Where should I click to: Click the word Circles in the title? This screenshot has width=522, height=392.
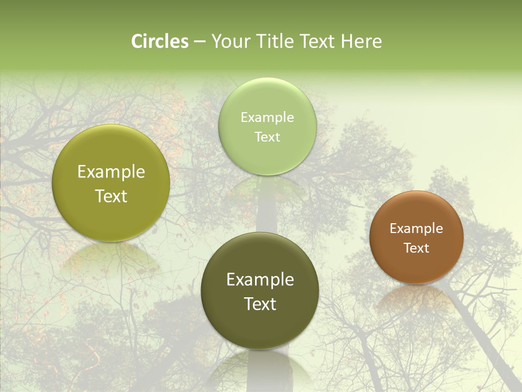pos(160,41)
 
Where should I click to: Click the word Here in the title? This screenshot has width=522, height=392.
pos(361,41)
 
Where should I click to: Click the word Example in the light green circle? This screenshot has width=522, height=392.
pos(267,118)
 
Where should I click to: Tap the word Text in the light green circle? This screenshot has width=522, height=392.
pos(267,137)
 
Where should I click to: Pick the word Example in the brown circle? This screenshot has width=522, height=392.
pos(416,229)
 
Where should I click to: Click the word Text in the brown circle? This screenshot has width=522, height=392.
pos(416,248)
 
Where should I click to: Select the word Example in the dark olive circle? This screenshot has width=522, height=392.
pos(260,280)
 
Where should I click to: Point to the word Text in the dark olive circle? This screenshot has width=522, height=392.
pos(260,304)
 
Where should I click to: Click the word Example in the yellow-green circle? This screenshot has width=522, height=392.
pos(111,172)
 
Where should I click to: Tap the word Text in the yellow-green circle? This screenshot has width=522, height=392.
pos(111,196)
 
